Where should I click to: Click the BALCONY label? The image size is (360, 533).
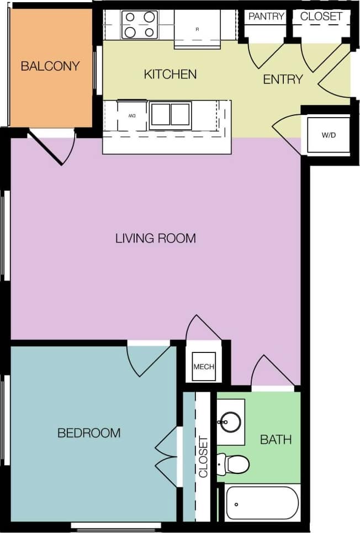50,66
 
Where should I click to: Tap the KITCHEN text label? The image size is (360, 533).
170,74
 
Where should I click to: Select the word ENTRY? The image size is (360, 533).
283,80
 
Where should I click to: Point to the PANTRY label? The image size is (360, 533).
266,17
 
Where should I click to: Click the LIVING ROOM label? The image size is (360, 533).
156,239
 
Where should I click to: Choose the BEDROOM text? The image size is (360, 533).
89,432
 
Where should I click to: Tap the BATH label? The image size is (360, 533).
276,440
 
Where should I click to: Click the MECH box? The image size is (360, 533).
203,367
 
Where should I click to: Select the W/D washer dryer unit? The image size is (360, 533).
329,135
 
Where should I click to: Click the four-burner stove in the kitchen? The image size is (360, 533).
139,25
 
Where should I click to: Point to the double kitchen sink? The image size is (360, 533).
170,114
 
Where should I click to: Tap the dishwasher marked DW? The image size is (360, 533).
132,115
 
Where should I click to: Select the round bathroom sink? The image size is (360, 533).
229,423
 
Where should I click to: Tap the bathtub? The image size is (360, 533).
262,503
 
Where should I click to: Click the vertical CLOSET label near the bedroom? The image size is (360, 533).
203,457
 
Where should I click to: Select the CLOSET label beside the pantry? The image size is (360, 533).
321,17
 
